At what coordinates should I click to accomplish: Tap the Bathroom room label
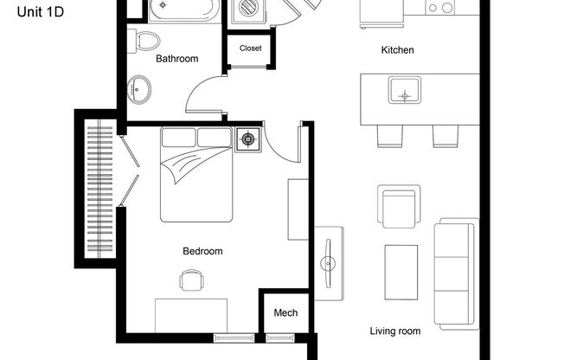click(x=177, y=59)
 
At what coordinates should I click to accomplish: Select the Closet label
click(x=250, y=48)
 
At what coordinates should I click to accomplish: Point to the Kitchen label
click(x=398, y=50)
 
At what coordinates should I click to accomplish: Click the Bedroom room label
click(x=202, y=252)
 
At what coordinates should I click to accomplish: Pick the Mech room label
click(x=285, y=312)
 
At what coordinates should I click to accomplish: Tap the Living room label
click(x=395, y=331)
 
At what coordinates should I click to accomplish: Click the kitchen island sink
click(x=404, y=89)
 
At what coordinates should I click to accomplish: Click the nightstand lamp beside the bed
click(x=248, y=139)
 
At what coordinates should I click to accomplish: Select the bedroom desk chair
click(x=192, y=280)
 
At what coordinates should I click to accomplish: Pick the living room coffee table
click(x=401, y=269)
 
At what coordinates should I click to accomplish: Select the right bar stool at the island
click(x=446, y=135)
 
